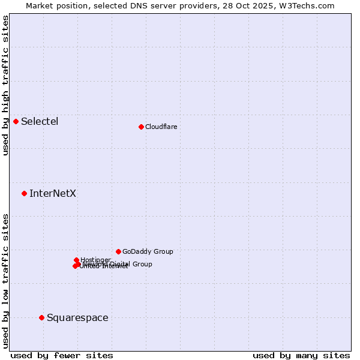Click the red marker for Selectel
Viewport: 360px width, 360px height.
coord(16,121)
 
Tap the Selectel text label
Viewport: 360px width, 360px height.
coord(40,122)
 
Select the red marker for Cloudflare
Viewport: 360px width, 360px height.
coord(141,127)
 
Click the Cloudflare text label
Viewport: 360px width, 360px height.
coord(161,127)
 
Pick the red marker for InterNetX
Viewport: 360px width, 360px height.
coord(25,193)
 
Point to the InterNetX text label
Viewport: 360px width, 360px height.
coord(53,194)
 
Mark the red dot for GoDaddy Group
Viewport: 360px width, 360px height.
coord(118,251)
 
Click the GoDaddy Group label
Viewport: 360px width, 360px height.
coord(148,252)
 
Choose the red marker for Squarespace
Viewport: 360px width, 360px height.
coord(41,317)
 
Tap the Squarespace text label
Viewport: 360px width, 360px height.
coord(77,318)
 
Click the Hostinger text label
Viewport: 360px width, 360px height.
coord(96,260)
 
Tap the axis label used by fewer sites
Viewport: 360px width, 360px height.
coord(62,355)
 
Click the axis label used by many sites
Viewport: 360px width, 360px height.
coord(301,355)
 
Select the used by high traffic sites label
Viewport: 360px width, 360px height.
coord(5,85)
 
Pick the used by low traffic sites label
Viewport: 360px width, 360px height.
coord(5,281)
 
